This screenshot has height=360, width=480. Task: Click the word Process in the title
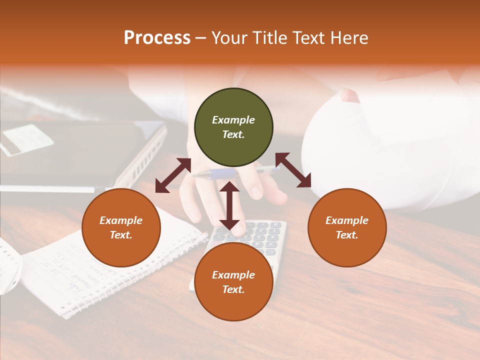pos(157,38)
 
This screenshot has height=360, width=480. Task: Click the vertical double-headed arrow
pos(229,205)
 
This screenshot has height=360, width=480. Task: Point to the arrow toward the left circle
pos(173,175)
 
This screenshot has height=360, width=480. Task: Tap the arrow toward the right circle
pos(293,170)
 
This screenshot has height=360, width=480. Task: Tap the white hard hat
pos(390,145)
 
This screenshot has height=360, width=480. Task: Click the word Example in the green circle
pos(233,120)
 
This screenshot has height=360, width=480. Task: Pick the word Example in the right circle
pos(347,220)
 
